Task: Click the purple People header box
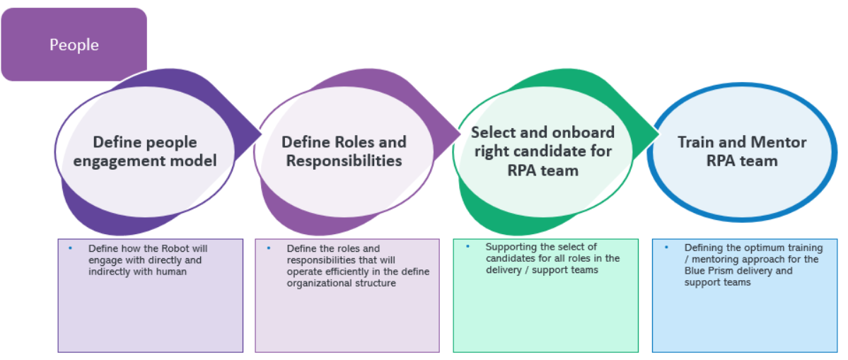(74, 45)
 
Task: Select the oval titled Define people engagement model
(145, 151)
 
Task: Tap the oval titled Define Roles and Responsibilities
(344, 151)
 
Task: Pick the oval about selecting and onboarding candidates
(542, 151)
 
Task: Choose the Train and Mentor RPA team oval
(741, 151)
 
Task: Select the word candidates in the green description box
(508, 258)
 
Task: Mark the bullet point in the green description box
(467, 247)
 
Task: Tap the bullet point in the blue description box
(666, 248)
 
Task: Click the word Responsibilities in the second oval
(344, 161)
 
